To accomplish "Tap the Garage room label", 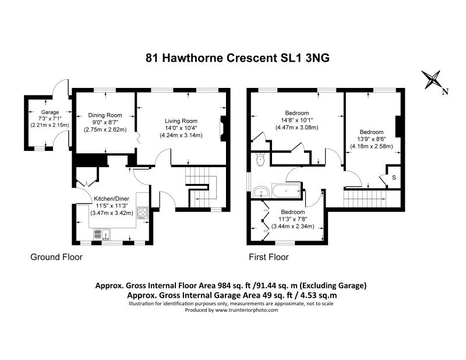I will pos(50,112).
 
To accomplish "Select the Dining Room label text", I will pos(105,115).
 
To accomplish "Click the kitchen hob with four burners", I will pos(142,212).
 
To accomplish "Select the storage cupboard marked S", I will pos(394,177).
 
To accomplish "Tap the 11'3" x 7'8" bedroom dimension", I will pos(292,219).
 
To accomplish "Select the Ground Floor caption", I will pos(56,257).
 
